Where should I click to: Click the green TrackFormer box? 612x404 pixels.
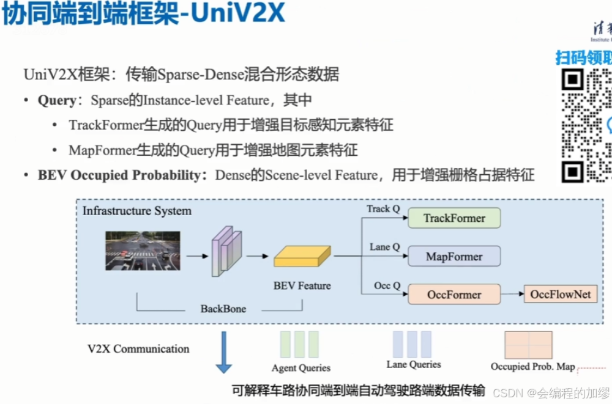coord(454,218)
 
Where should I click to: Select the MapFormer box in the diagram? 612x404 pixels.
coord(454,257)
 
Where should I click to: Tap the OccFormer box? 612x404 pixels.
coord(454,295)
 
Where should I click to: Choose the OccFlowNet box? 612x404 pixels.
coord(560,295)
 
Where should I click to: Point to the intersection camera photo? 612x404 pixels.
coord(143,251)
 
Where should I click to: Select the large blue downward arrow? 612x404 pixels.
coord(224,352)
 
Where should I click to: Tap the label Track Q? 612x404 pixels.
coord(383,209)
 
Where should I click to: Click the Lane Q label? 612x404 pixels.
coord(384,247)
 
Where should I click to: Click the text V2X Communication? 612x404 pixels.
coord(138,349)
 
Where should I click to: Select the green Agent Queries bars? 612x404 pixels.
coord(300,344)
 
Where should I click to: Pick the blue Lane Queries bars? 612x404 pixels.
coord(412,344)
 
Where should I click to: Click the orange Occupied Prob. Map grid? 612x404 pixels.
coord(528,345)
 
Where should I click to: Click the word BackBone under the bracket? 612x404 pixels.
coord(223,309)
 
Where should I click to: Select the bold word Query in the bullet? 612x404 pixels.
coord(57,100)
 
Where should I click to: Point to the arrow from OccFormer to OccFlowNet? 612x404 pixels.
coord(512,295)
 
